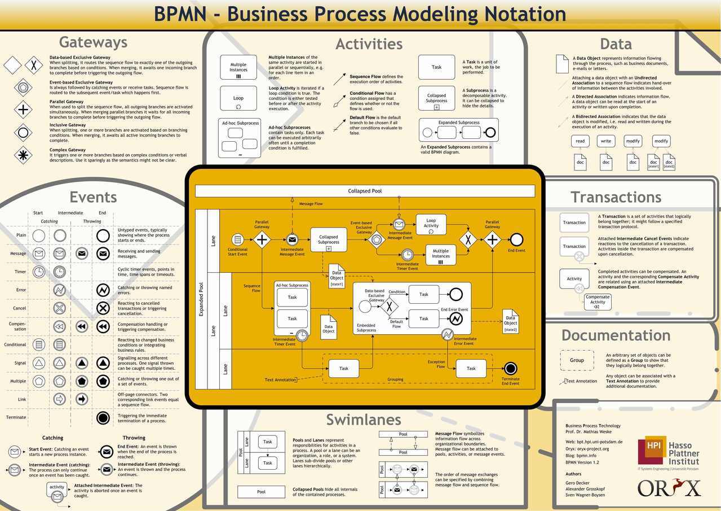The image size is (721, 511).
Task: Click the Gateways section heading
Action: [93, 42]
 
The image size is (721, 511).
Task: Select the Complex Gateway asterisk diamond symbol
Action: [23, 155]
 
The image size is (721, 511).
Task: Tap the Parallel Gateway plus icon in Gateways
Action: [23, 109]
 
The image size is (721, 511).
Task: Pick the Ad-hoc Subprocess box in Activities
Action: [240, 138]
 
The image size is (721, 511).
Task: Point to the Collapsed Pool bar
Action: [365, 191]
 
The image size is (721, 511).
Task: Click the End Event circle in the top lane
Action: [516, 239]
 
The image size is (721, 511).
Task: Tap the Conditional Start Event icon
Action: [237, 239]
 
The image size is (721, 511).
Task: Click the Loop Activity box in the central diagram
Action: [431, 224]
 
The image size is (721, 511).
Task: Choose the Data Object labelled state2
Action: [510, 321]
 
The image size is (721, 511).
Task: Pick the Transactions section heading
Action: [616, 197]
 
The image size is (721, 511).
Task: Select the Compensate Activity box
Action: [597, 302]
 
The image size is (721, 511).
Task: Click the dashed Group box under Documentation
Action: [577, 360]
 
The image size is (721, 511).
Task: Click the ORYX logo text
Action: [669, 487]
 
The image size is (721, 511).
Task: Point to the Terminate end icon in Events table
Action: [103, 418]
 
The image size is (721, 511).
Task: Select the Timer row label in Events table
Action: [20, 272]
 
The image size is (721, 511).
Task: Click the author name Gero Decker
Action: [577, 483]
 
